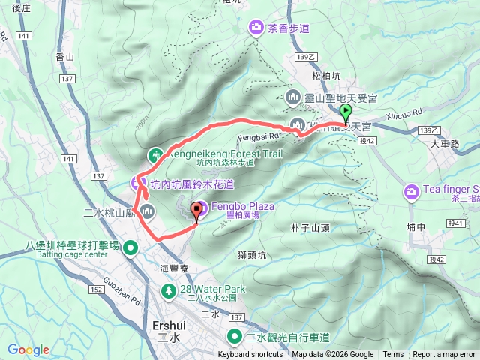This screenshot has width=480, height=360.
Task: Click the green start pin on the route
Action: coord(346,114)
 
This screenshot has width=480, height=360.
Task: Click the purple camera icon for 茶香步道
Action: coord(256,28)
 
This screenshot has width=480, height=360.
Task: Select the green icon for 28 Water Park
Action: coord(170,289)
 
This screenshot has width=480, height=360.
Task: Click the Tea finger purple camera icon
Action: coord(412,193)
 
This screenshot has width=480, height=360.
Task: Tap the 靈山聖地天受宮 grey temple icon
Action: coord(293,97)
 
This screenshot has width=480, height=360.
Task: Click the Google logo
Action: coord(28,349)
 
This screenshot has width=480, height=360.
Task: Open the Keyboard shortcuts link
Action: coord(250,355)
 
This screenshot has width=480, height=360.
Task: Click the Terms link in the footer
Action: coord(393,355)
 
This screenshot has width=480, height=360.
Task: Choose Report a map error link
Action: coord(444,355)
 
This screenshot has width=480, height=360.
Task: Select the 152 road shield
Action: coord(95,289)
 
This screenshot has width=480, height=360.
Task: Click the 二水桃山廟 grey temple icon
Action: coord(146,211)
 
